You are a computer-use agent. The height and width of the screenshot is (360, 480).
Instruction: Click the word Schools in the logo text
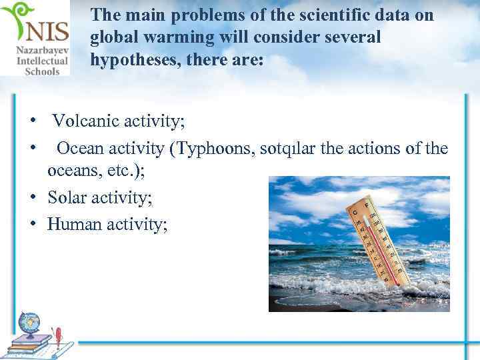(x=42, y=71)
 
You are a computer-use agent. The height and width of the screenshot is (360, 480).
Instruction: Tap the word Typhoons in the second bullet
(x=211, y=148)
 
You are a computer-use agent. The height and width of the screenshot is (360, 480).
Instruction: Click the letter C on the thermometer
(x=356, y=212)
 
